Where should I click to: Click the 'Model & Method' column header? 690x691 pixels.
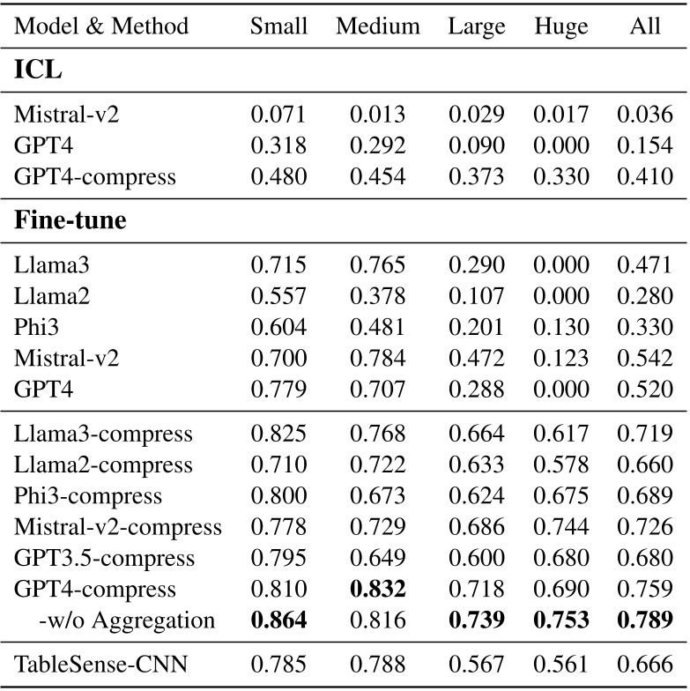(102, 26)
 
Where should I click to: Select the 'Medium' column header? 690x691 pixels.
(377, 26)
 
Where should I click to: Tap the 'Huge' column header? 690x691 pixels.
(561, 26)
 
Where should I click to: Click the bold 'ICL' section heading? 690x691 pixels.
(39, 72)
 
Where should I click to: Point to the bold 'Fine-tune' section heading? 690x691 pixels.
(70, 220)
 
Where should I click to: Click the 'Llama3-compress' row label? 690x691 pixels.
(103, 434)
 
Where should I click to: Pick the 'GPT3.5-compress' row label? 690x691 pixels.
(105, 558)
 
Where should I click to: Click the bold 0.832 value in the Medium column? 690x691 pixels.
(377, 589)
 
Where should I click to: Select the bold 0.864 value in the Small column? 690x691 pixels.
(279, 620)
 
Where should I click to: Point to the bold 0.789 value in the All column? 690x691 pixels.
(645, 620)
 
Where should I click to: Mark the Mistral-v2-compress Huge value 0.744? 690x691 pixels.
(561, 527)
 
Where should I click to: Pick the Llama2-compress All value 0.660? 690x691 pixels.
(645, 464)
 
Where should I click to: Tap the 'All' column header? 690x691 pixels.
(645, 26)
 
